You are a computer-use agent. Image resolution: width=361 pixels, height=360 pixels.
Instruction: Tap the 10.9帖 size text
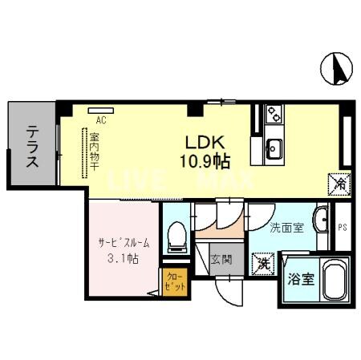click(x=205, y=161)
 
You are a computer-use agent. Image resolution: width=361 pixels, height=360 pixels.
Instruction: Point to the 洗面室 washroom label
click(x=286, y=228)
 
